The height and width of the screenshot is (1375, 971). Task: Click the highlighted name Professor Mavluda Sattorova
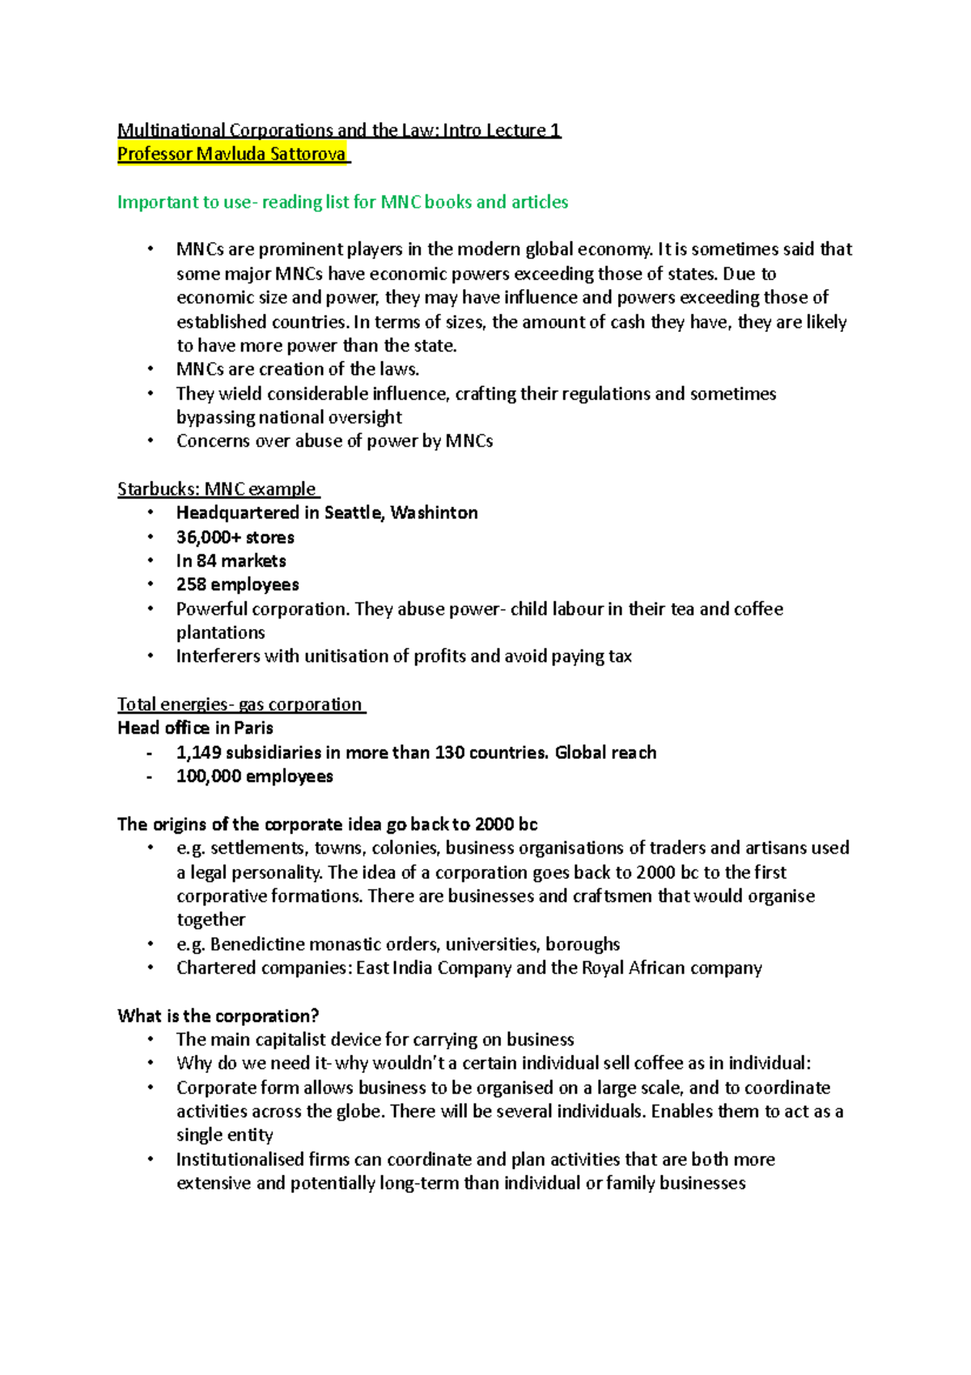pos(232,154)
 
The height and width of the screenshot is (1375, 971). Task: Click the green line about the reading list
pos(342,202)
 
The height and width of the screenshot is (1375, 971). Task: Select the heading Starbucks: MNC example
pos(218,489)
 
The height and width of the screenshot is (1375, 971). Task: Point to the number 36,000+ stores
pos(235,537)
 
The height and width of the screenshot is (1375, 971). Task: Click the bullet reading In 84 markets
pos(231,561)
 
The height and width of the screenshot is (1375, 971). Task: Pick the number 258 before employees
pos(192,585)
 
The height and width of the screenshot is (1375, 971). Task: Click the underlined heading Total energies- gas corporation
pos(240,705)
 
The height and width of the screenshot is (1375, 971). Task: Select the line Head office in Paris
pos(195,728)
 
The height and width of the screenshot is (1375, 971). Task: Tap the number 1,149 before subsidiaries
pos(198,752)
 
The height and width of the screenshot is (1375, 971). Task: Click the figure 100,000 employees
pos(254,777)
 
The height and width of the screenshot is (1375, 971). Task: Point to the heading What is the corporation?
pos(218,1016)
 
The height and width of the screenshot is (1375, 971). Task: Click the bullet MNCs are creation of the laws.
pos(297,369)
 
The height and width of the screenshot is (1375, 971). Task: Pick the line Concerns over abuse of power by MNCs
pos(334,441)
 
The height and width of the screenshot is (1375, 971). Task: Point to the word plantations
pos(220,632)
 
